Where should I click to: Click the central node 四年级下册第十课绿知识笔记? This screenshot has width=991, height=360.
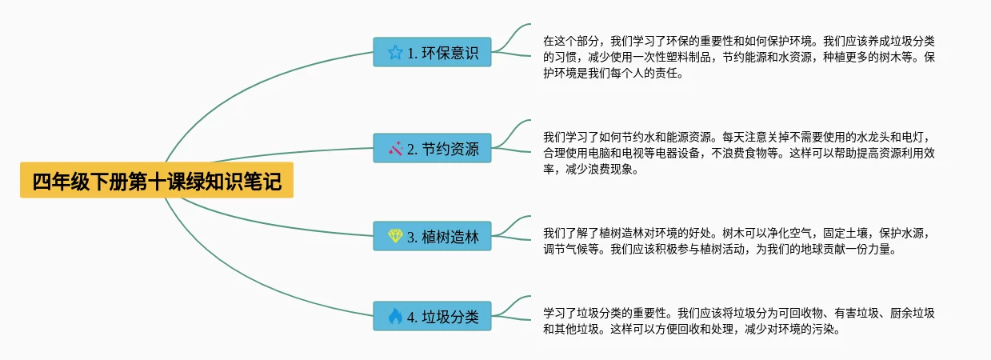click(157, 182)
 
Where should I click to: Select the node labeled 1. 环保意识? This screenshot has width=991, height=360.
click(432, 53)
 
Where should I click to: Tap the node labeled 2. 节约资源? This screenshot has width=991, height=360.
click(432, 148)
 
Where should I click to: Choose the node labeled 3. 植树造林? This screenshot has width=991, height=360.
click(432, 236)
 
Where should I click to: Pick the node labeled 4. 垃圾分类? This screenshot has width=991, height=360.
click(432, 316)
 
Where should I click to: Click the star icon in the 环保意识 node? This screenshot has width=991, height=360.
click(395, 53)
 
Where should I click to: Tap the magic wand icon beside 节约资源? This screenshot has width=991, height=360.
click(395, 148)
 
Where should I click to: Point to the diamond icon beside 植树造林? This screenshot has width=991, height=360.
click(395, 236)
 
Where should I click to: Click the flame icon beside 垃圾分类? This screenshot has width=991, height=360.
click(395, 316)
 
